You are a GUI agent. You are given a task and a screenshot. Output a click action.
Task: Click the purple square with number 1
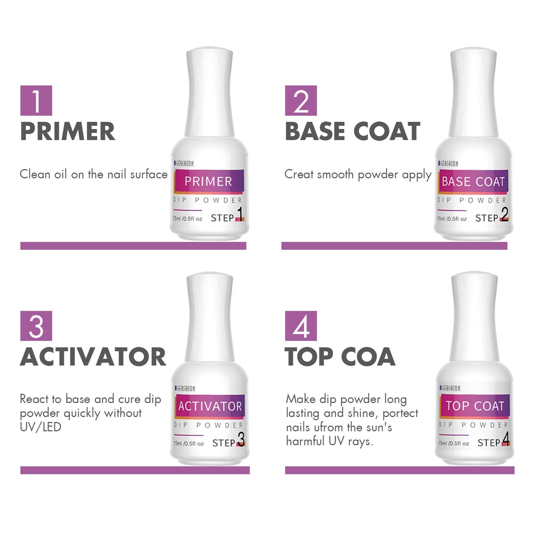tap(36, 100)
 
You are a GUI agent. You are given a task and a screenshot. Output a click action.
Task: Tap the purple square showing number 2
tap(301, 100)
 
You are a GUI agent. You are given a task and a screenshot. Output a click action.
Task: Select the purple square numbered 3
tap(36, 326)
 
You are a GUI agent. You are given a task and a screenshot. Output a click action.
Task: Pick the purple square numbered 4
tap(301, 326)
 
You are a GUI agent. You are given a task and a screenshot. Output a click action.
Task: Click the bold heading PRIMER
tap(68, 131)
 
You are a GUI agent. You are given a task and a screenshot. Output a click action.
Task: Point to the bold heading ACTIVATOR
tap(93, 356)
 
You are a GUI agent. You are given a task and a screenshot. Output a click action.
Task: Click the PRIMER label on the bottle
tap(208, 181)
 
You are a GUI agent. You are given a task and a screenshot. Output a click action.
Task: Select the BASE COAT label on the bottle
tap(473, 181)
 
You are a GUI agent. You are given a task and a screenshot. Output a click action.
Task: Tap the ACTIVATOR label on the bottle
tap(210, 406)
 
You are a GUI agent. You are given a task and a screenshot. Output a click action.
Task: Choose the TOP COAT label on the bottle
tap(475, 406)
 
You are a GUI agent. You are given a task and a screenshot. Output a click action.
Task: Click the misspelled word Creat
tap(299, 174)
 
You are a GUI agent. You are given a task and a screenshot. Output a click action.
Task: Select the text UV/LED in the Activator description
tap(40, 427)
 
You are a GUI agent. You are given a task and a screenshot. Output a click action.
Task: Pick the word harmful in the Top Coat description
tap(305, 441)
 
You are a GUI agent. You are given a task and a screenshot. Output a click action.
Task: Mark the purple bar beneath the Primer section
tap(133, 246)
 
